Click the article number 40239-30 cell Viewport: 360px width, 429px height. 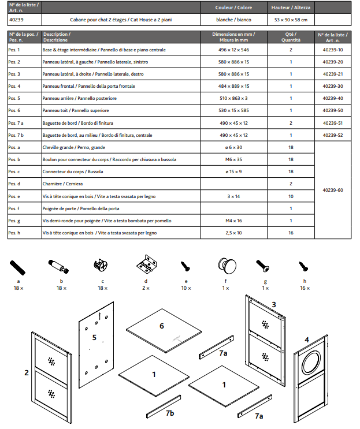pos(333,86)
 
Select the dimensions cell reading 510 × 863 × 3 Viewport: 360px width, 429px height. pos(233,98)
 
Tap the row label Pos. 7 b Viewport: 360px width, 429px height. pos(16,135)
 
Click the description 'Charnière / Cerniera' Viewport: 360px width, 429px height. pos(62,184)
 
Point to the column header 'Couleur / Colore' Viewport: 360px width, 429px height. pos(233,8)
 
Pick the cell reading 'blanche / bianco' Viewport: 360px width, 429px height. pos(233,20)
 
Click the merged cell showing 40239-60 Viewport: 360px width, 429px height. pos(333,190)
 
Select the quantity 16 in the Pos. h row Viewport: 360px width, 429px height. pos(291,233)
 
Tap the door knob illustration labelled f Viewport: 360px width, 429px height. pos(227,266)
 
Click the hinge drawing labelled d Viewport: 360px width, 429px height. pos(146,263)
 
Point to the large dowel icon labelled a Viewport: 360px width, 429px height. pos(17,267)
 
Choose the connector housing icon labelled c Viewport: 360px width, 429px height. pos(101,265)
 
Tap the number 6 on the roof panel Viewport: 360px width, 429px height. pos(162,326)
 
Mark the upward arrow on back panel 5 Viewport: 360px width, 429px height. pos(99,316)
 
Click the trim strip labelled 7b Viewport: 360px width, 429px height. pos(164,406)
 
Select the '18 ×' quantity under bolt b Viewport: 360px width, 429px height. pos(62,288)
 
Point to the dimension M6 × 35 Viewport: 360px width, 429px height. pos(233,159)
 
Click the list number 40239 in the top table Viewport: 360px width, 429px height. pos(16,20)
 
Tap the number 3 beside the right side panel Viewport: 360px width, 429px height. pos(274,304)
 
